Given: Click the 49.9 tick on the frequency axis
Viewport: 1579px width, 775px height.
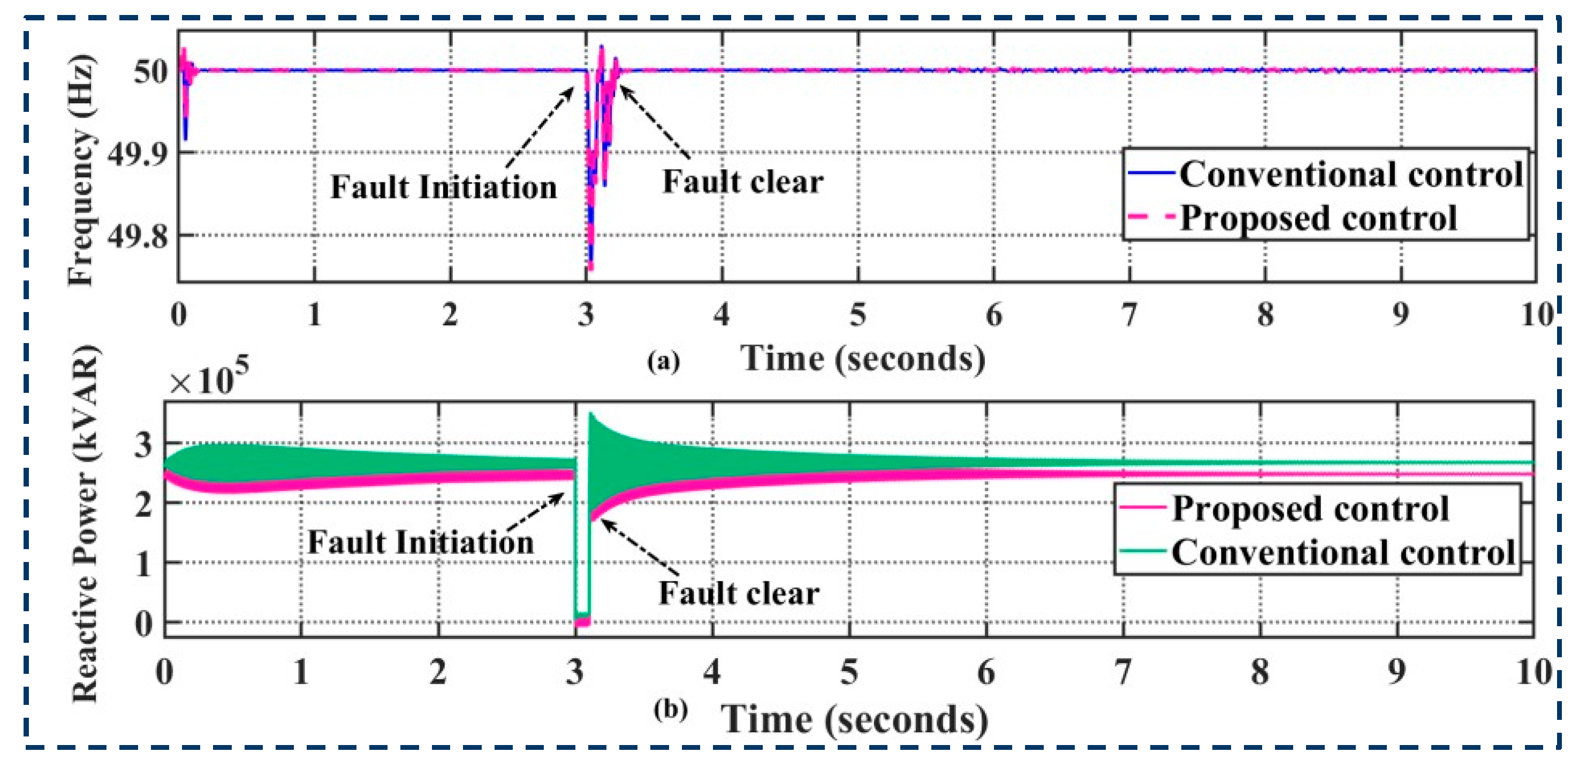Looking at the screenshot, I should (136, 153).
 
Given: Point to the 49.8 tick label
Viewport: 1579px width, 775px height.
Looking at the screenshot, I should (136, 237).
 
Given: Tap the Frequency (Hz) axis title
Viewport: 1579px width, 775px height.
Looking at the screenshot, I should (81, 170).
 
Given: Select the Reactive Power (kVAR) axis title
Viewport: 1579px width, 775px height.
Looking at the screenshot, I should (85, 524).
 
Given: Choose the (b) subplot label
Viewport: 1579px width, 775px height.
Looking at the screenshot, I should (671, 710).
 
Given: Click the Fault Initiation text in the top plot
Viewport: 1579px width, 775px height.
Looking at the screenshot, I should (444, 187).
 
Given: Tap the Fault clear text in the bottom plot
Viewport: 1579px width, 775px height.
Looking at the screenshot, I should (739, 593).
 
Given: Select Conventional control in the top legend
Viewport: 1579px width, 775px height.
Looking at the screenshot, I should (1351, 174).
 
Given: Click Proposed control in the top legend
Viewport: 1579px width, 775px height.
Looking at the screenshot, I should (1318, 218).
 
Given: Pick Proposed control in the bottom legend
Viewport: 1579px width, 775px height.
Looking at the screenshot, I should (1310, 508).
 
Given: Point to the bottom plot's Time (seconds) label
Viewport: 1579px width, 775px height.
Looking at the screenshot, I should (854, 719).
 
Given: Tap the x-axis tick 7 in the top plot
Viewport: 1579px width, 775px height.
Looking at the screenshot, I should (1129, 315).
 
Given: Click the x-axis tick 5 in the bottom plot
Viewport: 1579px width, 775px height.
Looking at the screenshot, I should (849, 672).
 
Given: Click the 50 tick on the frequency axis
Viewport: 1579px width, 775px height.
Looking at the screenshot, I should (149, 72).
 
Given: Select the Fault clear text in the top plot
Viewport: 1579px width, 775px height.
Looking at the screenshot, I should (743, 182).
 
